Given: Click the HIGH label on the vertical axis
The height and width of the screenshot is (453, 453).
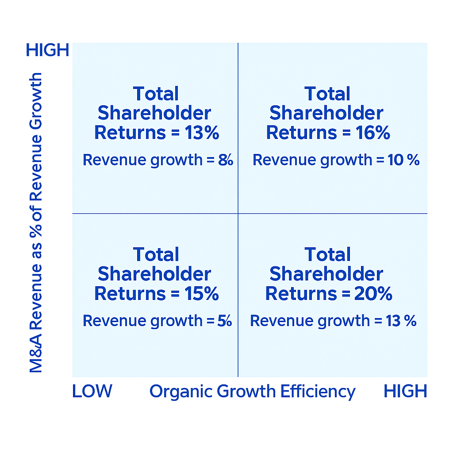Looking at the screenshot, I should click(x=48, y=50).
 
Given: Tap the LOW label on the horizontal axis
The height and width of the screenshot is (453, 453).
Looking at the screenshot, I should click(x=92, y=391).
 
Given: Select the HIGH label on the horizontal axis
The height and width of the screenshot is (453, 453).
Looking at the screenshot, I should click(x=405, y=391).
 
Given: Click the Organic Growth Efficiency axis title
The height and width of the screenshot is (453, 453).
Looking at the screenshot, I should click(x=252, y=392).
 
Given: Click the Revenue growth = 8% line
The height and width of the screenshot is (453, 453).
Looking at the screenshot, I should click(x=157, y=160).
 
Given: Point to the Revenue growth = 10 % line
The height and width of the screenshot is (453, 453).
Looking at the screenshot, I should click(x=336, y=160).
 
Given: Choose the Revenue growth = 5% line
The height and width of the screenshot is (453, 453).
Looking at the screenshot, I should click(x=157, y=321).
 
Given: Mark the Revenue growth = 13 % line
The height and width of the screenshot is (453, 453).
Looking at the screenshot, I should click(x=333, y=321).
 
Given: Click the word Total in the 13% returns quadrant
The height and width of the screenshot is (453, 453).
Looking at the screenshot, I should click(x=156, y=94).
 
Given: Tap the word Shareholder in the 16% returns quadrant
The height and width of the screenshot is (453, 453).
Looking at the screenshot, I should click(x=326, y=113).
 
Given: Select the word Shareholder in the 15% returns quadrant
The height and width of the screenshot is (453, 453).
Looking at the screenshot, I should click(x=154, y=274).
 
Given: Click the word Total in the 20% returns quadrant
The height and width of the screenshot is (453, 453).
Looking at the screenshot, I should click(x=327, y=255).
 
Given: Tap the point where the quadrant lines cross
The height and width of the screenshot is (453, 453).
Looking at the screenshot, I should click(x=238, y=214).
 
